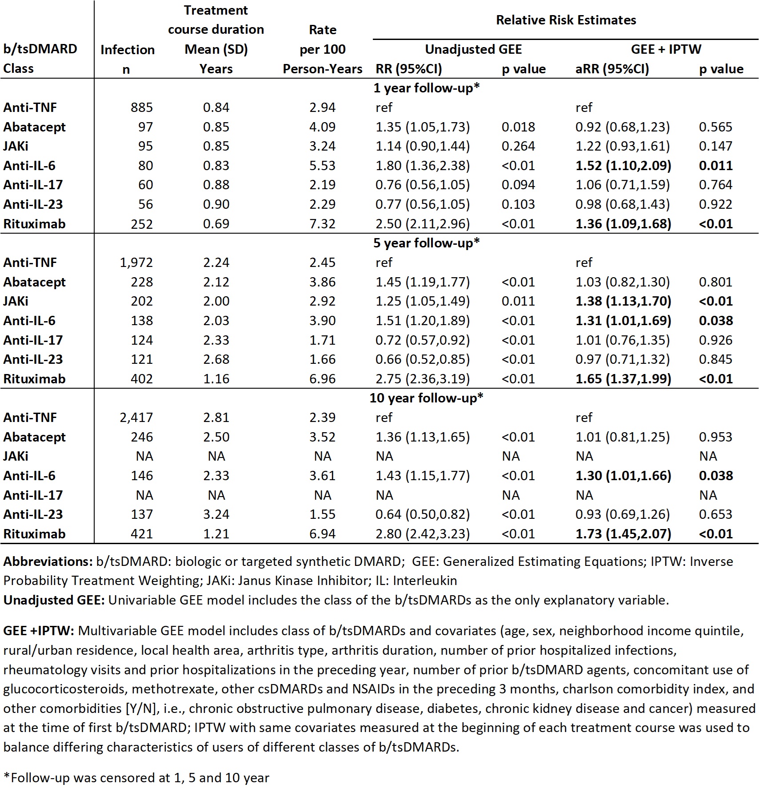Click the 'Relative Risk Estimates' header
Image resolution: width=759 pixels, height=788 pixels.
pyautogui.click(x=566, y=20)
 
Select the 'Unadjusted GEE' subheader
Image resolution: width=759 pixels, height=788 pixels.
pyautogui.click(x=473, y=49)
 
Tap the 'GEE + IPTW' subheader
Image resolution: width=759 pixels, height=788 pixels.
pyautogui.click(x=666, y=49)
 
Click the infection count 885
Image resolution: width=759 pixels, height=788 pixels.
pyautogui.click(x=142, y=107)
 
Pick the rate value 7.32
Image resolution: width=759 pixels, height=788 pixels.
pyautogui.click(x=322, y=223)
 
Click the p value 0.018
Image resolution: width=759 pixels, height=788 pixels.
pyautogui.click(x=518, y=127)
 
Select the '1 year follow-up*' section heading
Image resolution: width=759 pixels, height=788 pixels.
pyautogui.click(x=426, y=88)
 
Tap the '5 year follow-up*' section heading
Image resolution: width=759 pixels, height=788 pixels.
pyautogui.click(x=426, y=243)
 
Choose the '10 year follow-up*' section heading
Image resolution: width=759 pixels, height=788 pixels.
pyautogui.click(x=426, y=398)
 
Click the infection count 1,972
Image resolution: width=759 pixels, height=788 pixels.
pyautogui.click(x=136, y=263)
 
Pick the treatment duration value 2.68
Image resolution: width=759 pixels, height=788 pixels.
pyautogui.click(x=216, y=359)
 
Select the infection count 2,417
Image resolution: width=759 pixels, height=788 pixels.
pyautogui.click(x=136, y=418)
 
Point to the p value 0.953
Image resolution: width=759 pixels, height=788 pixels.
pyautogui.click(x=715, y=437)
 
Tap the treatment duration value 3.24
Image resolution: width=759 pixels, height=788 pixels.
pyautogui.click(x=216, y=514)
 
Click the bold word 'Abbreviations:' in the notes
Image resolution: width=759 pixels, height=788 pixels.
pyautogui.click(x=48, y=561)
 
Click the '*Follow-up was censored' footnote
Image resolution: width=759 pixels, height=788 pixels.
pyautogui.click(x=136, y=778)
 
